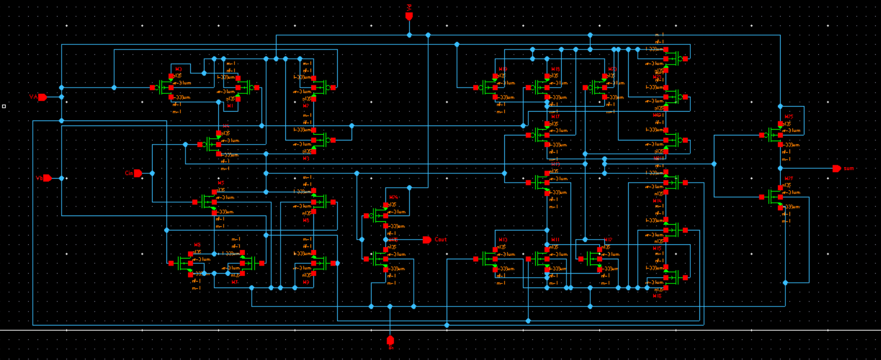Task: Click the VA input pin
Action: click(x=41, y=97)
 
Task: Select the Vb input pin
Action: click(x=47, y=178)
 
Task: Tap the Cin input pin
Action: click(x=137, y=173)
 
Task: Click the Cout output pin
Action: click(x=426, y=240)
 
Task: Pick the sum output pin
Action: click(x=837, y=168)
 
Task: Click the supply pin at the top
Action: click(x=409, y=16)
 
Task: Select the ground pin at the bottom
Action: click(x=390, y=340)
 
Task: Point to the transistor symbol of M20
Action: click(x=599, y=88)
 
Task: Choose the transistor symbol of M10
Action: click(x=490, y=259)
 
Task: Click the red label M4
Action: click(x=225, y=126)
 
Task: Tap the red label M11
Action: click(x=555, y=240)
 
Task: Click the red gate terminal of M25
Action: click(x=761, y=135)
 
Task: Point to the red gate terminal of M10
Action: click(x=476, y=259)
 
